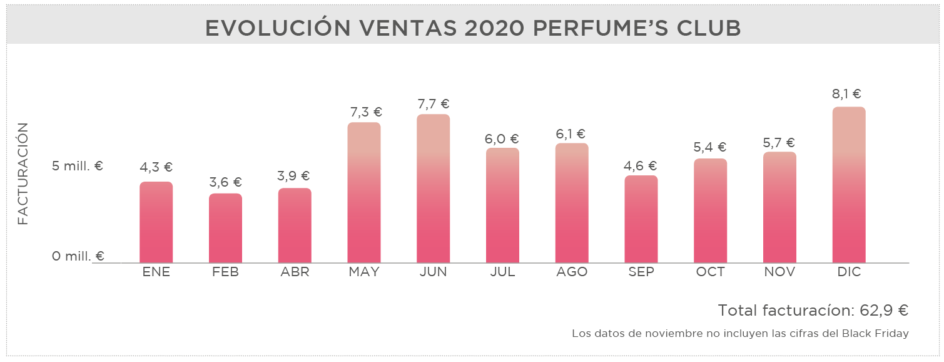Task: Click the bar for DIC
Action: point(849,185)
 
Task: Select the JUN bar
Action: point(433,189)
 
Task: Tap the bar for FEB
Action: point(225,228)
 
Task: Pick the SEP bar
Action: point(641,219)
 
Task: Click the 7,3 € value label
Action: point(364,112)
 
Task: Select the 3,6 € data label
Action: point(225,182)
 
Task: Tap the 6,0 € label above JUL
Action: point(502,139)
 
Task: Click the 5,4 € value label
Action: point(710,148)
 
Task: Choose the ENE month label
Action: point(156,272)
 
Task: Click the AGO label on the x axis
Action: point(571,272)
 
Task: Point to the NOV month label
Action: point(779,272)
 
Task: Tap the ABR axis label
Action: point(295,272)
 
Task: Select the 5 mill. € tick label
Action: point(78,167)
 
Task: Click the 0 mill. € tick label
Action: point(78,256)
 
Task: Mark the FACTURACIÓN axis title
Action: point(23,173)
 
